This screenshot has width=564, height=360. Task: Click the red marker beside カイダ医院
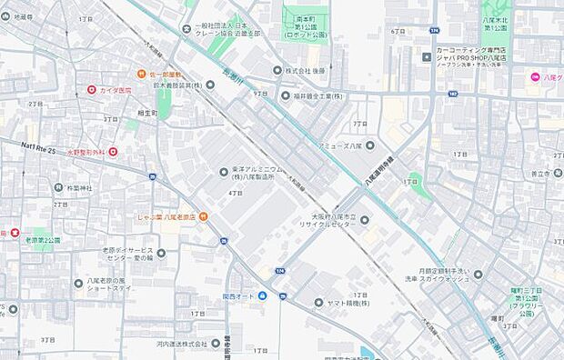pyautogui.click(x=92, y=90)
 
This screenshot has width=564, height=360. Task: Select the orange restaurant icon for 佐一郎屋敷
pyautogui.click(x=142, y=74)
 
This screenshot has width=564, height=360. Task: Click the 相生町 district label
pyautogui.click(x=146, y=113)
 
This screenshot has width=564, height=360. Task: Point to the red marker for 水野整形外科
pyautogui.click(x=113, y=152)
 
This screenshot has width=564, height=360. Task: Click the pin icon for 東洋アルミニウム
pyautogui.click(x=224, y=172)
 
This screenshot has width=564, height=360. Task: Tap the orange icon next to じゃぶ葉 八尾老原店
pyautogui.click(x=203, y=215)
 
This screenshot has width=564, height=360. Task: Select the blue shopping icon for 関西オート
pyautogui.click(x=262, y=295)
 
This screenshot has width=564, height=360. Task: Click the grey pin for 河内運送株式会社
pyautogui.click(x=216, y=344)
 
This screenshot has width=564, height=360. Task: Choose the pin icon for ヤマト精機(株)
pyautogui.click(x=318, y=302)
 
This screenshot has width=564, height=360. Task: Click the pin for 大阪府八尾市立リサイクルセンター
pyautogui.click(x=363, y=219)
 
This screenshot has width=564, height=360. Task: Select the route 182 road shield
pyautogui.click(x=452, y=93)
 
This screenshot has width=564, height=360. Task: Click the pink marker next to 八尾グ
pyautogui.click(x=536, y=76)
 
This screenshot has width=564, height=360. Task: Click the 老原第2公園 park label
pyautogui.click(x=42, y=241)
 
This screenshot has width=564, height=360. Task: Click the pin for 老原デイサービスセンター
pyautogui.click(x=161, y=254)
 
